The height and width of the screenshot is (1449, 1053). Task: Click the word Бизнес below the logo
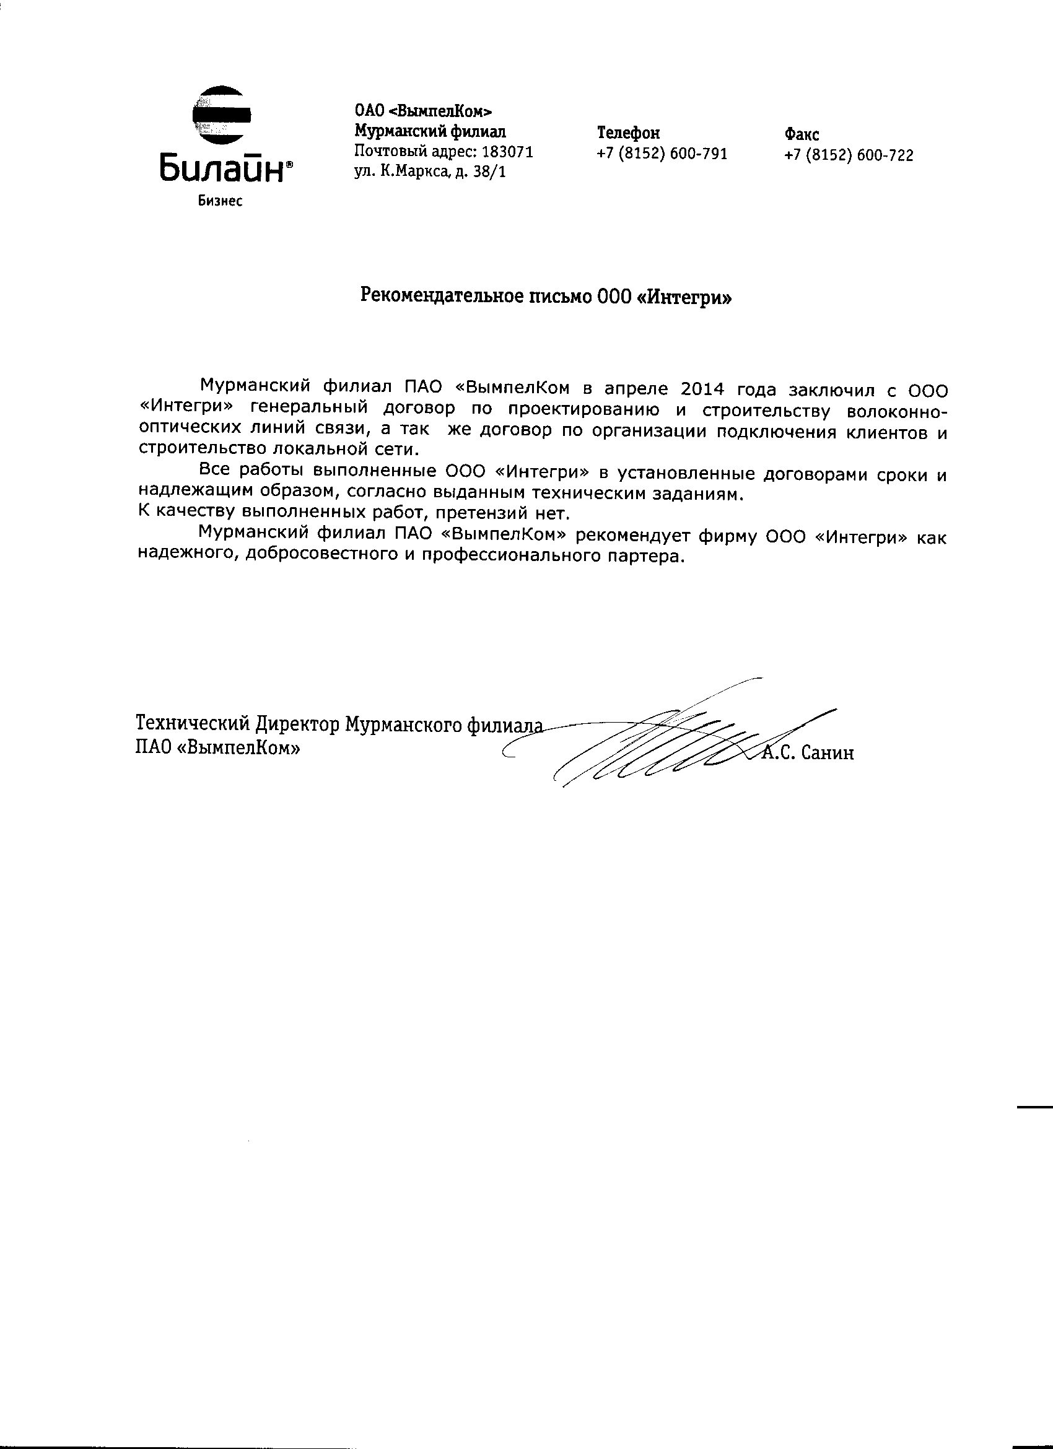coord(221,201)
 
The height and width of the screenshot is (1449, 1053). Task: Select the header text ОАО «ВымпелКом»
coord(424,112)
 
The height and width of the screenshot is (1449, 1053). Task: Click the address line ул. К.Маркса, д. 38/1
coord(430,172)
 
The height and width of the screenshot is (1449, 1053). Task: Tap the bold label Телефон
coord(628,133)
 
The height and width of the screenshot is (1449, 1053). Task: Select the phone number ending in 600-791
coord(662,154)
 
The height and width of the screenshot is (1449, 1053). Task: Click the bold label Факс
coord(802,135)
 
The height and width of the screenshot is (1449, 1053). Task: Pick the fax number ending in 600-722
coord(849,155)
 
